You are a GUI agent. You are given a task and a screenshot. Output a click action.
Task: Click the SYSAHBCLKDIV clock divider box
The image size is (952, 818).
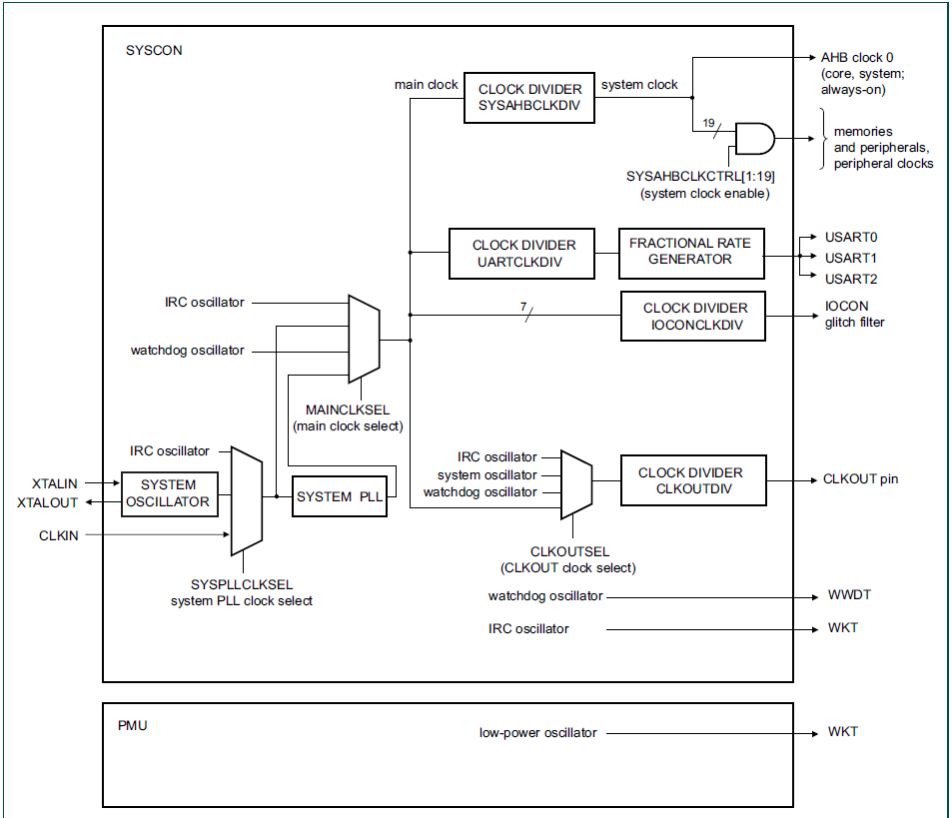click(529, 97)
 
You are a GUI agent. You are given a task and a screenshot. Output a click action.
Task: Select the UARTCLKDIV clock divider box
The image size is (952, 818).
click(523, 253)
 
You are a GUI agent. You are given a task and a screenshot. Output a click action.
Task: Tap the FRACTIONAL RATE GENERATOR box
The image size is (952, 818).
click(690, 253)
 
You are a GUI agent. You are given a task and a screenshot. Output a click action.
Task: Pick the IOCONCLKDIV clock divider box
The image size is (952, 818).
click(693, 316)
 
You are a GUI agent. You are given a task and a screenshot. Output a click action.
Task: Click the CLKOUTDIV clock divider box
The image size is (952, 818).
click(690, 480)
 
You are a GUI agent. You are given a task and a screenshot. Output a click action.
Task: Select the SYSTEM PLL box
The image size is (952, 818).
click(339, 496)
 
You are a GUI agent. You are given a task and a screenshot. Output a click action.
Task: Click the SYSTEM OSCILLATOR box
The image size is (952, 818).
click(168, 493)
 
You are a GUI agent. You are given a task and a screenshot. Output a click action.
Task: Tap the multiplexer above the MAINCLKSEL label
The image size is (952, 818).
click(363, 338)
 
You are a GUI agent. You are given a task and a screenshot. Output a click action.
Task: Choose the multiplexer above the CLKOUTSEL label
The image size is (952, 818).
click(575, 484)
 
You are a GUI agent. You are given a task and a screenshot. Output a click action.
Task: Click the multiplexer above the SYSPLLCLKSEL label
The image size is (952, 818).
click(246, 500)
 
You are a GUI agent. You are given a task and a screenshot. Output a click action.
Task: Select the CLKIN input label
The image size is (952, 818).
click(59, 535)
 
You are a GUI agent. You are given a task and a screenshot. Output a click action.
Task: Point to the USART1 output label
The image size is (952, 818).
click(850, 258)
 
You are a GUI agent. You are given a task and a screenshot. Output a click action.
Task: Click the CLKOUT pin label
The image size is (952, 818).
click(860, 479)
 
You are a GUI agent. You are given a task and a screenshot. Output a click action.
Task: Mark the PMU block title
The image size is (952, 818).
click(132, 725)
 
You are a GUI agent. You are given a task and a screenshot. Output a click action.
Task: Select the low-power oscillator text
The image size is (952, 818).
click(537, 733)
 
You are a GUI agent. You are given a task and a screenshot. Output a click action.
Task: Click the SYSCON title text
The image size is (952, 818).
click(154, 50)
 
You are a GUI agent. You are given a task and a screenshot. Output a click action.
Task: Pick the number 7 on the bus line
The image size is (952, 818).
click(522, 306)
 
